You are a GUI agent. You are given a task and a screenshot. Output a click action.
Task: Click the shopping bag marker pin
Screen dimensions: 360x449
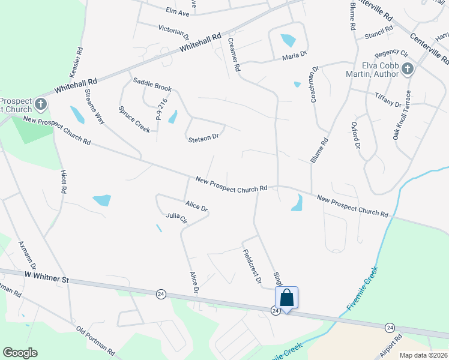pos(287,298)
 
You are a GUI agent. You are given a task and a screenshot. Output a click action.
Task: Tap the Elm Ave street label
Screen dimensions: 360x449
pos(177,12)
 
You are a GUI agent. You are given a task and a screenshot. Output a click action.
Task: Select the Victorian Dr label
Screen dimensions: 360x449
pos(174,28)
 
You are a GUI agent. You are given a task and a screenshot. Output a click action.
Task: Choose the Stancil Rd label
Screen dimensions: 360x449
pos(378,28)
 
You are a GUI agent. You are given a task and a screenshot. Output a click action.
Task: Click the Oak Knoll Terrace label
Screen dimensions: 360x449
pos(402,115)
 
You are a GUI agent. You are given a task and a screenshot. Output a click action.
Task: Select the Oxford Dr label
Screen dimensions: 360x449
pos(355,137)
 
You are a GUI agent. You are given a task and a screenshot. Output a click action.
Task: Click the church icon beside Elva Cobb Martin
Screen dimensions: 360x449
pos(407,68)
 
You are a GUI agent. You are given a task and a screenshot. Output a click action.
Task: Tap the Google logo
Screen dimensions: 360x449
pos(20,353)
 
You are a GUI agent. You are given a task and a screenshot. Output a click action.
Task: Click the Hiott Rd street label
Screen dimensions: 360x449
pos(63,181)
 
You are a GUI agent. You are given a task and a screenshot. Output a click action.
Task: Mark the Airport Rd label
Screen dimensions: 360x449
pos(390,348)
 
